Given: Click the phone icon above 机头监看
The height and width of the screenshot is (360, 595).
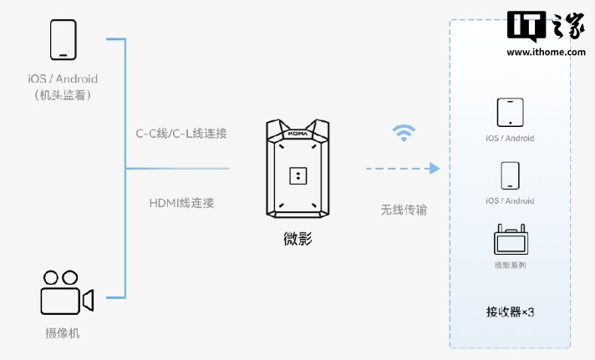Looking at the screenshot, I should [63, 39].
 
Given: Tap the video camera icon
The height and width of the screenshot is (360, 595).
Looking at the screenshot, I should [66, 292].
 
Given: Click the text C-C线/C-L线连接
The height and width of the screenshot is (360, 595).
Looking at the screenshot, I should [182, 133].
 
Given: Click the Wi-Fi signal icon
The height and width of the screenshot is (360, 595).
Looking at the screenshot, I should [404, 132].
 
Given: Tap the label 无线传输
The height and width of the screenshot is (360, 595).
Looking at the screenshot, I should [404, 210].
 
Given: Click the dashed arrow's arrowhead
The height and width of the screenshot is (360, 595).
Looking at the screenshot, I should [433, 169].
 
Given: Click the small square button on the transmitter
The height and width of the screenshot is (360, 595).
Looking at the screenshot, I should [297, 175].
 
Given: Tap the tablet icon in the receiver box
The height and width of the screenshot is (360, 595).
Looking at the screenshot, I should [510, 112].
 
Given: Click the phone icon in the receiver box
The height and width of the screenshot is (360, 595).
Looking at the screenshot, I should [510, 175].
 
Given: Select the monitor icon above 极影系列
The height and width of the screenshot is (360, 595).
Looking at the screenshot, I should [510, 240].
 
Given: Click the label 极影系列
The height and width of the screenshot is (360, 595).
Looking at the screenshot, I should [510, 266].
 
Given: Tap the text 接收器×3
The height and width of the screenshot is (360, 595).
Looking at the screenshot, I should [510, 312].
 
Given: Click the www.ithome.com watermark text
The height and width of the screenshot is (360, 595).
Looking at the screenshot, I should [546, 52].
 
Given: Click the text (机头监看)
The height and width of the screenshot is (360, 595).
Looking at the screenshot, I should [63, 95].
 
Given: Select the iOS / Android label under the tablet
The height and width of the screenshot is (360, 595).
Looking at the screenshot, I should [510, 138].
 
